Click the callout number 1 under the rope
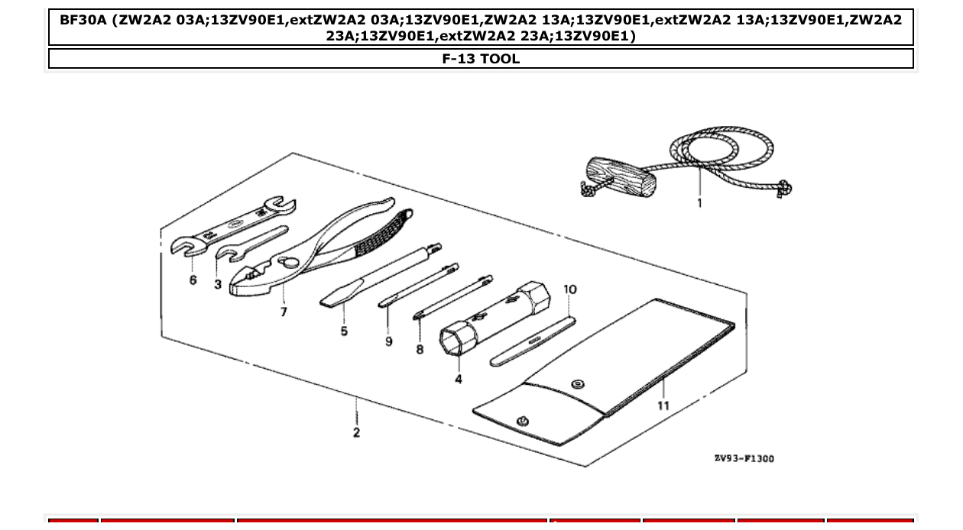[x=699, y=203]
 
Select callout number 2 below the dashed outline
[x=356, y=433]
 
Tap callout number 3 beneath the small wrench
[x=218, y=284]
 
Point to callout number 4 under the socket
[x=459, y=379]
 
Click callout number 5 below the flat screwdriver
[x=344, y=331]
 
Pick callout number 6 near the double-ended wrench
[x=193, y=280]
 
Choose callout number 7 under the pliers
[x=284, y=312]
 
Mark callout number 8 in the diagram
[x=420, y=349]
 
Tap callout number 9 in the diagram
[x=389, y=341]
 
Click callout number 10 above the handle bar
[x=570, y=289]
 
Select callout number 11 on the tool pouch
[x=663, y=406]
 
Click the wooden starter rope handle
[x=618, y=177]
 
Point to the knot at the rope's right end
[x=783, y=187]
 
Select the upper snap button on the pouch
[x=578, y=384]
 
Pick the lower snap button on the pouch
[x=523, y=422]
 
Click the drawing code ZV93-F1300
[x=744, y=458]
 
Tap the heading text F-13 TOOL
[x=481, y=59]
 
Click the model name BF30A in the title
[x=83, y=20]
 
